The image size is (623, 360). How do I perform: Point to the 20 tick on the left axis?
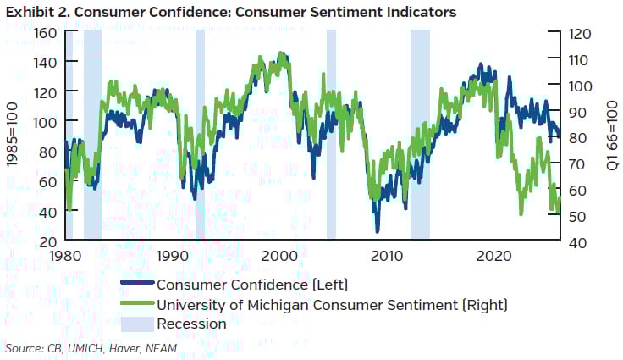(47, 242)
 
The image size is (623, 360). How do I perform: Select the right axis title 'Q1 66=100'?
(612, 137)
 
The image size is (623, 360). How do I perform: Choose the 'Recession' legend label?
(191, 324)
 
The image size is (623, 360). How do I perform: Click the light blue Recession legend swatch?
(135, 324)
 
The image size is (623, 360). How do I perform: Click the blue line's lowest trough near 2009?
(378, 230)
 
